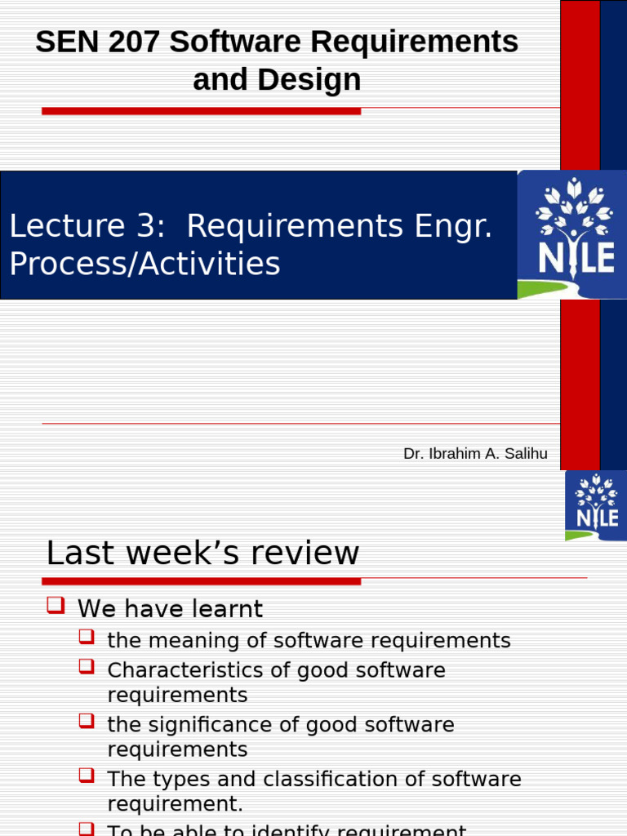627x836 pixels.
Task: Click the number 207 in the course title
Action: coord(135,42)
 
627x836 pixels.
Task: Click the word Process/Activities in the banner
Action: coord(145,264)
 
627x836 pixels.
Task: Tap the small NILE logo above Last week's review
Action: coord(596,505)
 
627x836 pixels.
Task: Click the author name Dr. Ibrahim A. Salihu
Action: coord(475,454)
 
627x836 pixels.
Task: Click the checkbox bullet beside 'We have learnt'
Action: coord(56,606)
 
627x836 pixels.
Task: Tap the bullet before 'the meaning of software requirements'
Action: coord(87,637)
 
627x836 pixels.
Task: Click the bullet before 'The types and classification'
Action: coord(87,775)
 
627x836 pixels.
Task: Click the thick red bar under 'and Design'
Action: coord(201,110)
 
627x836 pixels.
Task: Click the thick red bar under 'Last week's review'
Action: coord(201,581)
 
